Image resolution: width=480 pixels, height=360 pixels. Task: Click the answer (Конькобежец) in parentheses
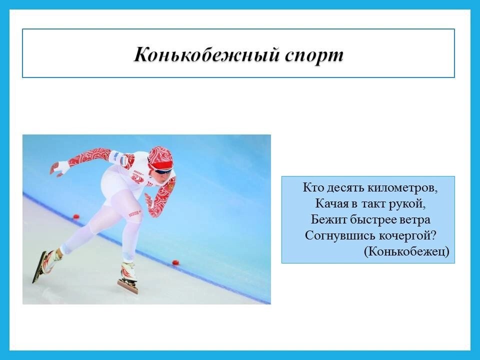(406, 251)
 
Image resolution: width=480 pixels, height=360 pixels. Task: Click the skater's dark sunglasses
(164, 171)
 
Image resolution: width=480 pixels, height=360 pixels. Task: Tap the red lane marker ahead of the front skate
(176, 262)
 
